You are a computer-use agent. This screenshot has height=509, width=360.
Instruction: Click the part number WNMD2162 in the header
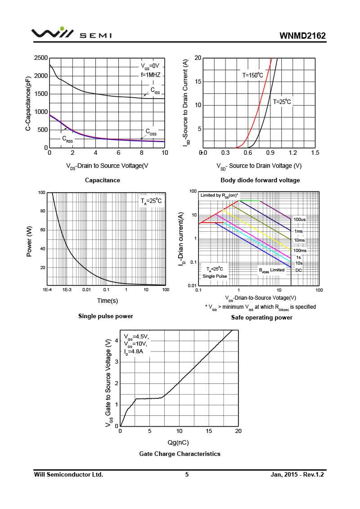coord(302,36)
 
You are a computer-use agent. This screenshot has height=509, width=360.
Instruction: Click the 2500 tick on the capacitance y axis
coord(41,58)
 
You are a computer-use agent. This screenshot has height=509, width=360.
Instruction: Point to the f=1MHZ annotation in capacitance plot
coord(150,75)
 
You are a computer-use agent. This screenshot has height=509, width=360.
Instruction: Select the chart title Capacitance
coord(103,180)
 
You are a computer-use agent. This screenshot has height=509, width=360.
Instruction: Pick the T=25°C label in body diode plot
coord(282,102)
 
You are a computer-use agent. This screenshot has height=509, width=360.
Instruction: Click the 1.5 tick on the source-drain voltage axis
coord(315,153)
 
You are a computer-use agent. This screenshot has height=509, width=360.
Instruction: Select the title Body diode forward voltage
coord(260,180)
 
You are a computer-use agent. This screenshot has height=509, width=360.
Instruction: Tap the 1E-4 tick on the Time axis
coord(47,289)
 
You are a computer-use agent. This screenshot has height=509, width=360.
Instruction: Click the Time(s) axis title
coord(108,301)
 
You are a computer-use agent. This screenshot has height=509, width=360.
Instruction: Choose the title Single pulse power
coord(106,316)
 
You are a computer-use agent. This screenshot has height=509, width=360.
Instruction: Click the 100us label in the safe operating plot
coord(300,220)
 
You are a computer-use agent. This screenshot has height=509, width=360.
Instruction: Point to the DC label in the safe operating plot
coord(299,270)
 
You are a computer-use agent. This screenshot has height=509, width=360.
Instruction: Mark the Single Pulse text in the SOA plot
coord(215,276)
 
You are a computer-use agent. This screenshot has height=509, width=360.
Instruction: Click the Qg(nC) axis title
coord(178,442)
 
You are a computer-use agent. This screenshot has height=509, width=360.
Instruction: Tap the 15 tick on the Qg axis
coord(209,431)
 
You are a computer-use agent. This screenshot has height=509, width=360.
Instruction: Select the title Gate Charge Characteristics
coord(180,454)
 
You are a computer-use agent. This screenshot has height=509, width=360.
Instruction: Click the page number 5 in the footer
coord(187,474)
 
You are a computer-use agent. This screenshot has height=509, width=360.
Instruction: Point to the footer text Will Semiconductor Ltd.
coord(68,474)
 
